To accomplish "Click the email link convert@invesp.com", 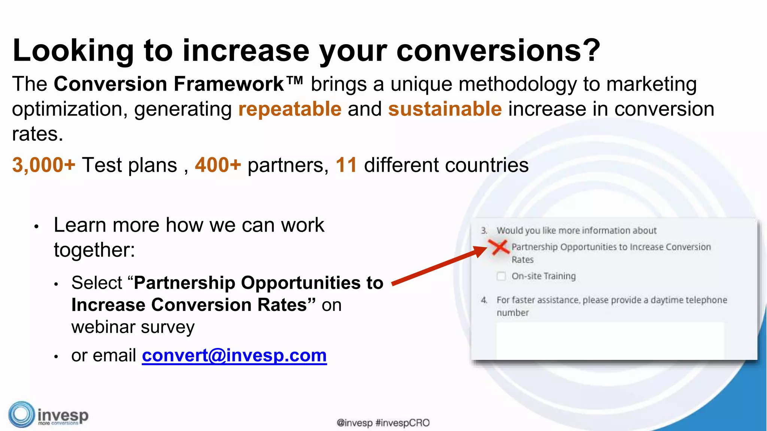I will [234, 355].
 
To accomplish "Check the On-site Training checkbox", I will [501, 276].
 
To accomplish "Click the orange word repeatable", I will [290, 109].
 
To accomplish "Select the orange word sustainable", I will [445, 109].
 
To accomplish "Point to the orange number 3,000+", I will [44, 165].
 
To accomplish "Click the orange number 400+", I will [218, 165].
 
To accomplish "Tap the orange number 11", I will [346, 165].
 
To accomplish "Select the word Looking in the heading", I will [73, 51].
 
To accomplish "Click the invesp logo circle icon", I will [21, 415].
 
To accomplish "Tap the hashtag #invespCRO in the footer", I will [402, 423].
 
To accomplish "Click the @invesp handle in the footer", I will [355, 423].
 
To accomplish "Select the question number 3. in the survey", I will [484, 230].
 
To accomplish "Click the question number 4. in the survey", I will [484, 300].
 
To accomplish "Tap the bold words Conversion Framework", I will [169, 84].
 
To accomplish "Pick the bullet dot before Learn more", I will [36, 227].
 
